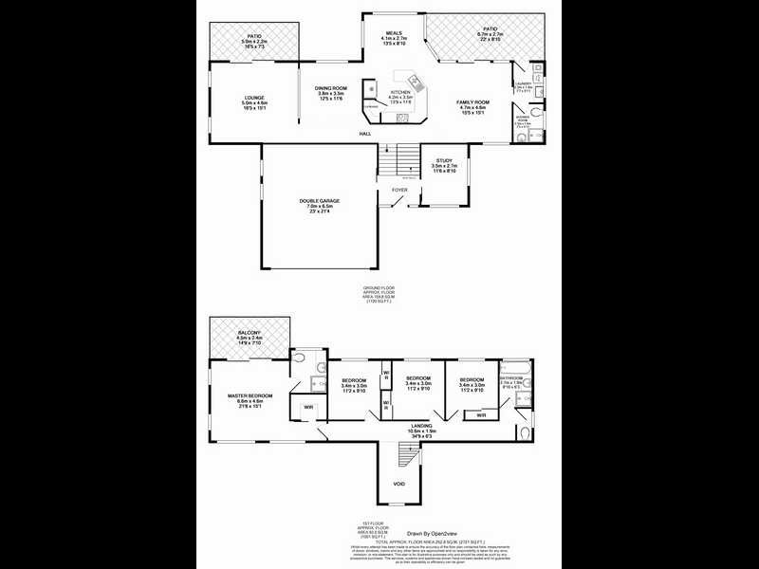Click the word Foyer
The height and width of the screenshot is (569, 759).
pyautogui.click(x=400, y=190)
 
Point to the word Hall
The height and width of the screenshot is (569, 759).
pyautogui.click(x=364, y=134)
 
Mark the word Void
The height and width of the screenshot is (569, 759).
pyautogui.click(x=398, y=484)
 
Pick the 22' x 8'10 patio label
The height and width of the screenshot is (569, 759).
pyautogui.click(x=490, y=33)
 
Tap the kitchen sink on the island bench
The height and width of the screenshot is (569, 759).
pyautogui.click(x=414, y=81)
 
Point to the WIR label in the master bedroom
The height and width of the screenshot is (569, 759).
pyautogui.click(x=308, y=408)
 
